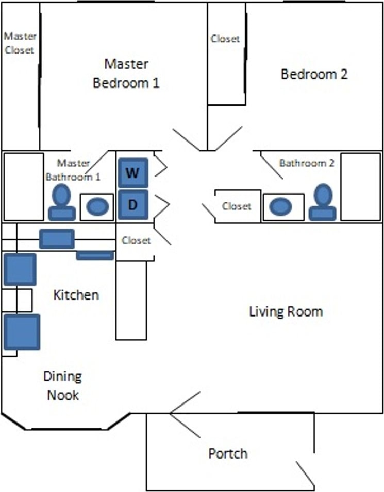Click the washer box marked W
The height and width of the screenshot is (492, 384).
133,173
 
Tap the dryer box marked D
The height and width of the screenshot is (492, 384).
133,204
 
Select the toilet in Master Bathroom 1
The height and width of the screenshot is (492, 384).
62,204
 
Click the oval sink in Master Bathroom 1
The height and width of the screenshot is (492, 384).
97,207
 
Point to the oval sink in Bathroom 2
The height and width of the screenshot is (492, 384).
281,207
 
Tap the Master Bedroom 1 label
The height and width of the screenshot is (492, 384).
126,73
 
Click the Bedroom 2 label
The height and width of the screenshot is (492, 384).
314,74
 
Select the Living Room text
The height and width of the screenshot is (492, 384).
286,311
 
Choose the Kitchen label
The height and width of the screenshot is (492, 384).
76,295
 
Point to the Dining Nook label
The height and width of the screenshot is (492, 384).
63,386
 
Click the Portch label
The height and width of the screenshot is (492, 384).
228,454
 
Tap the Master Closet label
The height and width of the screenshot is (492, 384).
20,43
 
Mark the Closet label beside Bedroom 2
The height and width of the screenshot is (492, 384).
225,39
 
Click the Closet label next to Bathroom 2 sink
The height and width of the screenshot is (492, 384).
237,206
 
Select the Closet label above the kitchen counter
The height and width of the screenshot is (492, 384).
137,240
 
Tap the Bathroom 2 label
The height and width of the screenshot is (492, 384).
307,163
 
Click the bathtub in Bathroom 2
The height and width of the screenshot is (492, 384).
361,186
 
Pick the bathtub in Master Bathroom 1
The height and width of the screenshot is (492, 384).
24,186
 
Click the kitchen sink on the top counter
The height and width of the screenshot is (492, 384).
57,239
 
